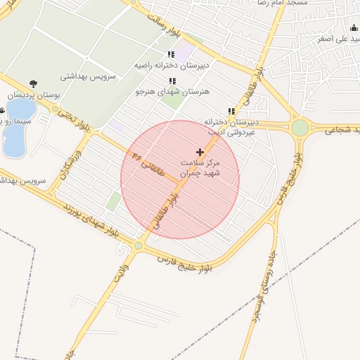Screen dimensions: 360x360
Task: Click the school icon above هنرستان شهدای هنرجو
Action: coord(172,82)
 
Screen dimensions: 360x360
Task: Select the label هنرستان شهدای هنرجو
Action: coord(167,91)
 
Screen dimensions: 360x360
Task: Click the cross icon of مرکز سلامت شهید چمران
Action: coord(200,152)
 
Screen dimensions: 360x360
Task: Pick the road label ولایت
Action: coord(122,271)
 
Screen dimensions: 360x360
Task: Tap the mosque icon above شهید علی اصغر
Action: coord(354,28)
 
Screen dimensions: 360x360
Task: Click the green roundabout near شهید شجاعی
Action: coord(300,128)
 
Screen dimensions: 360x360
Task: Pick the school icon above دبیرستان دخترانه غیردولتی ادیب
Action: coord(231,111)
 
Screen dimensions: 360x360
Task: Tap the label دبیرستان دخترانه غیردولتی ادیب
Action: coord(231,126)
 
